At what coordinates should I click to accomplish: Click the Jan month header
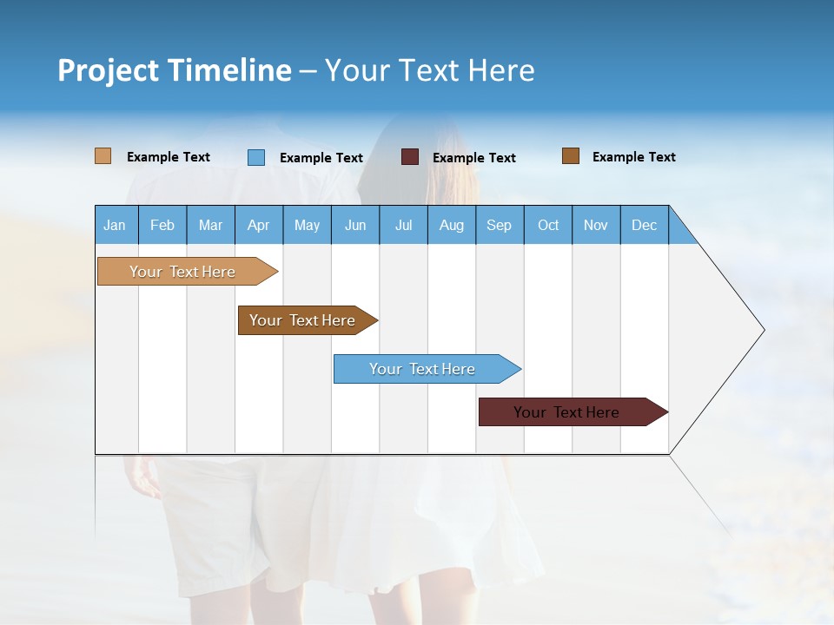click(x=116, y=225)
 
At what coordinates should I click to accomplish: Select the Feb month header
click(x=162, y=225)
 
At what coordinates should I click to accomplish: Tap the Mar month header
click(x=210, y=225)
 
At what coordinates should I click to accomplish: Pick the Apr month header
click(x=259, y=225)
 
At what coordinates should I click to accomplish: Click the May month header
click(x=307, y=225)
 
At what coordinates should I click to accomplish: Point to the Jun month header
click(x=355, y=225)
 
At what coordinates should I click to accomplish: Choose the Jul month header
click(x=403, y=225)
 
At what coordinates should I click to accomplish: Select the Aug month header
click(x=452, y=225)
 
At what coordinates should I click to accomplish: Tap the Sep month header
click(x=500, y=225)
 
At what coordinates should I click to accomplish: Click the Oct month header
click(x=548, y=225)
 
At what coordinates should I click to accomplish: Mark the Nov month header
click(x=596, y=225)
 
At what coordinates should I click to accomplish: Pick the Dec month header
click(x=645, y=225)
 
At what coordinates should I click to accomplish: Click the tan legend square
click(x=103, y=156)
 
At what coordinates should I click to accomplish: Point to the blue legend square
click(x=256, y=157)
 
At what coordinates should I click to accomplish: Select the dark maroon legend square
click(x=410, y=157)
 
